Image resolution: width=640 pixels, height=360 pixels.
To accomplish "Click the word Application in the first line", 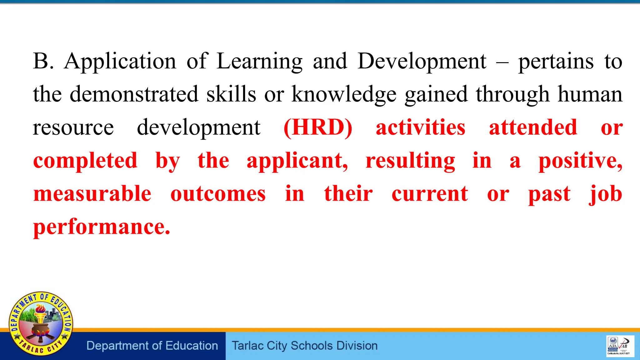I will (x=120, y=62).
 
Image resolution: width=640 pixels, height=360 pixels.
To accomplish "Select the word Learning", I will (x=259, y=62).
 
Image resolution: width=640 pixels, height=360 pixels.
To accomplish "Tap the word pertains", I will (x=556, y=62).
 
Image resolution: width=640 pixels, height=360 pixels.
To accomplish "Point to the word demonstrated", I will (x=134, y=94).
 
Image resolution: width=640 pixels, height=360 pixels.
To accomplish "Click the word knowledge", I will (x=344, y=95).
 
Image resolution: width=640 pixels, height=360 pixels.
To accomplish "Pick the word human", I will (x=590, y=94).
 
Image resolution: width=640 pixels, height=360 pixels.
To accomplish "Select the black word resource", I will (x=73, y=127).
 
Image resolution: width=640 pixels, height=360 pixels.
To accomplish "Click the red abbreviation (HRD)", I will (x=318, y=127).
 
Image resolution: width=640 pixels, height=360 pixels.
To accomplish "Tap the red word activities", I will (x=420, y=127).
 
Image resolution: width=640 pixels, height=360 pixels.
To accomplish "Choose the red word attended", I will (x=533, y=127).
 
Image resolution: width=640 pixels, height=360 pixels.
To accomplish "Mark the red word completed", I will (x=85, y=161).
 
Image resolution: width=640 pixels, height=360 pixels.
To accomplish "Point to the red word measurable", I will (x=92, y=194).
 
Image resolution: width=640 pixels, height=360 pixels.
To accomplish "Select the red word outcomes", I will (x=218, y=194).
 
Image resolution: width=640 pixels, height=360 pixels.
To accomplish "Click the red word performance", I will (x=102, y=227).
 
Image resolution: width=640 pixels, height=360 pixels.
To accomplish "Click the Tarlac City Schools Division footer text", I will (x=305, y=346).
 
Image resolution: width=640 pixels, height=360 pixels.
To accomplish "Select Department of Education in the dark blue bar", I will (x=152, y=346).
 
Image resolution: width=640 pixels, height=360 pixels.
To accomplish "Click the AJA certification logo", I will (x=613, y=346).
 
